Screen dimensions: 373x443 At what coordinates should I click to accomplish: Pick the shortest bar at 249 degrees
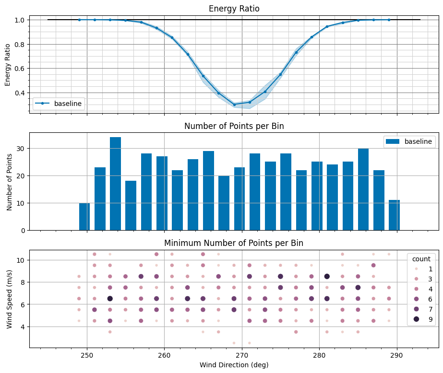click(84, 217)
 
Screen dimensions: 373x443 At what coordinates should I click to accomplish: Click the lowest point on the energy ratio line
click(234, 105)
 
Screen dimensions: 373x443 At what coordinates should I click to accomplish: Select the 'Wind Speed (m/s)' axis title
click(10, 298)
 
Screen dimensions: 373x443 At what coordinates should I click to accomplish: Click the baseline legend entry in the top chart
click(58, 103)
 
